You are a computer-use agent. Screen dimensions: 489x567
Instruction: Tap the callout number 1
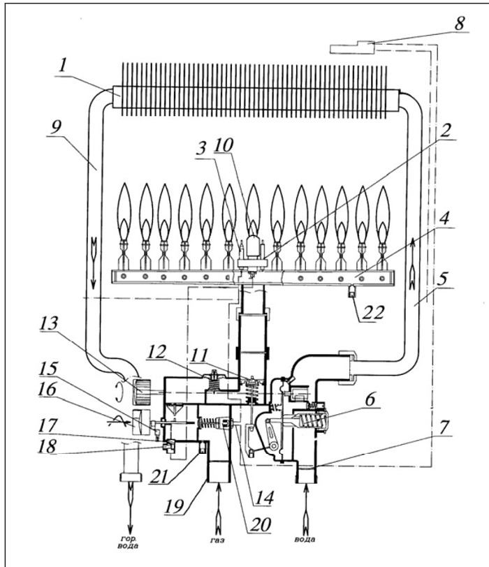point(63,66)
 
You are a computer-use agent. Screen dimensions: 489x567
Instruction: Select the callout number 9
point(56,127)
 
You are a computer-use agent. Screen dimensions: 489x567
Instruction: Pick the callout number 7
point(444,427)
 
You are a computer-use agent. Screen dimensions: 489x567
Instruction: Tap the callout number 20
point(260,524)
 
